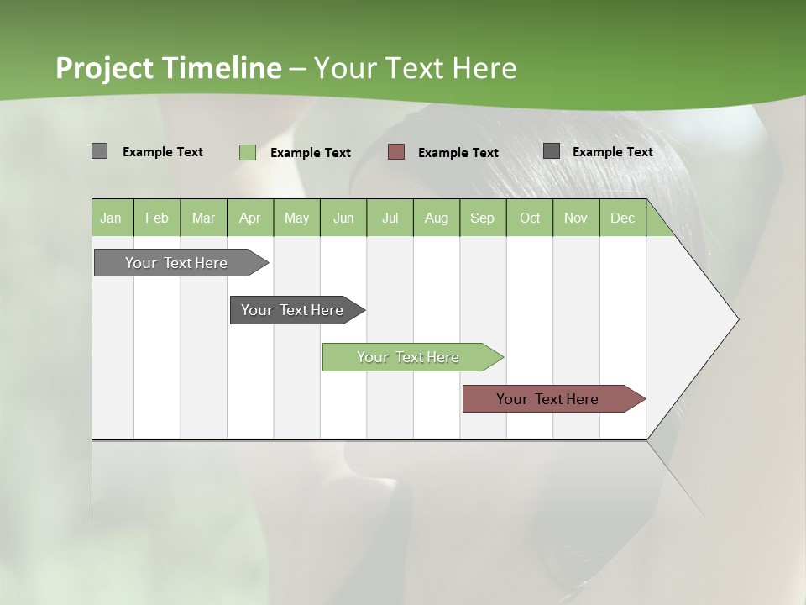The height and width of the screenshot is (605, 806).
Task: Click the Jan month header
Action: click(111, 218)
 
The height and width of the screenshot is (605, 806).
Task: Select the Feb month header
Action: click(157, 218)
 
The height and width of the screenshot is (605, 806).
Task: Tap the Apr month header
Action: click(249, 218)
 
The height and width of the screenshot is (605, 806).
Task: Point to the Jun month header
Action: click(343, 218)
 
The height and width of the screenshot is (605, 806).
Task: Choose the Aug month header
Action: click(436, 218)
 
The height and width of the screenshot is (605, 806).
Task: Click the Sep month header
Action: click(482, 218)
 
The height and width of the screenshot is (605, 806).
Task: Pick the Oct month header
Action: click(530, 218)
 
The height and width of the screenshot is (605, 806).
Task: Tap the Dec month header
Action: click(622, 218)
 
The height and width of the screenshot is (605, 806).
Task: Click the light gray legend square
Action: click(99, 151)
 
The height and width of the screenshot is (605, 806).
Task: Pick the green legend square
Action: click(247, 152)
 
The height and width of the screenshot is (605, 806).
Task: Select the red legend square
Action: click(396, 151)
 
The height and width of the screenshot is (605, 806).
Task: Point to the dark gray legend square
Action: click(551, 150)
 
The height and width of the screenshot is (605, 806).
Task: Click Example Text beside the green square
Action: click(310, 153)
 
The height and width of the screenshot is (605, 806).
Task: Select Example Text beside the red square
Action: click(458, 153)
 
